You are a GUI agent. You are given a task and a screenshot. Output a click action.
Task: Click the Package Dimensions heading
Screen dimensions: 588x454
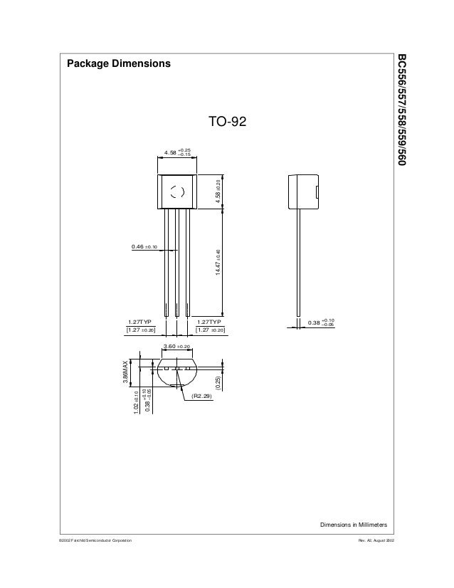coord(119,64)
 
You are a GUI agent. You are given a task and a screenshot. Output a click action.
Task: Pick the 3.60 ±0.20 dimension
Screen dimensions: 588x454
coord(177,346)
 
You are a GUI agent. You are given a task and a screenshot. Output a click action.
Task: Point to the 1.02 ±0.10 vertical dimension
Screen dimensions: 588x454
coord(137,401)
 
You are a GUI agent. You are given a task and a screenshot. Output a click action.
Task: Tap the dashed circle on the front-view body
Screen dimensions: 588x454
coord(177,191)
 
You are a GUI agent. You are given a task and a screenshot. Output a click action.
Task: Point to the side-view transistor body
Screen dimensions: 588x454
coord(301,191)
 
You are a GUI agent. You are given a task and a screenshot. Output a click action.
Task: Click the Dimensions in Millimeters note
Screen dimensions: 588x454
coord(353,525)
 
